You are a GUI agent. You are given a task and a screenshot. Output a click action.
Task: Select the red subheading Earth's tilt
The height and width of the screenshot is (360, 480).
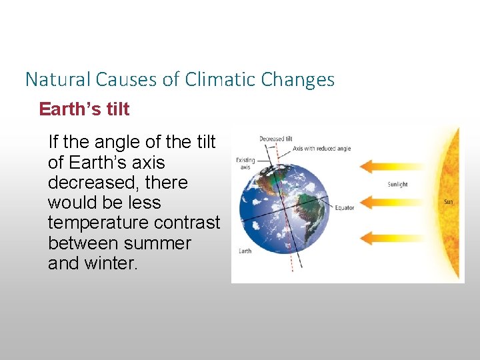pos(84,109)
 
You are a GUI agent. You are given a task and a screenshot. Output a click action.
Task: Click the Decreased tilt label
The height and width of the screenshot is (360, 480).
pos(276,139)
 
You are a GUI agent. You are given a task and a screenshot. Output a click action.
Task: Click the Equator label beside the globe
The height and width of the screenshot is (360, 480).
pos(344,208)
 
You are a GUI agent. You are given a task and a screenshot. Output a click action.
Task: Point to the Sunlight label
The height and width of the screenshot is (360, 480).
pos(397,184)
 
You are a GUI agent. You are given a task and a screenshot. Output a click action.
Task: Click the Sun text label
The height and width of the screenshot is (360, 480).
pos(450,201)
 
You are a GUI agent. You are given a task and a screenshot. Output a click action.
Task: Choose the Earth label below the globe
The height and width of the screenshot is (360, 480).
pos(245,251)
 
